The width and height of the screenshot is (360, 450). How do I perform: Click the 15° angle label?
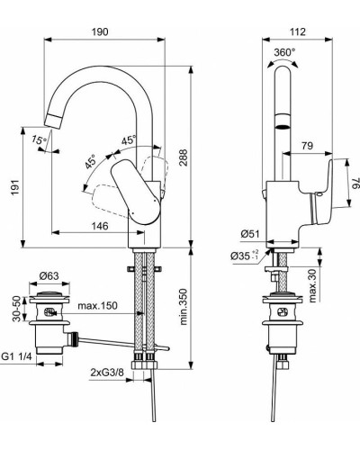[36, 139]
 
